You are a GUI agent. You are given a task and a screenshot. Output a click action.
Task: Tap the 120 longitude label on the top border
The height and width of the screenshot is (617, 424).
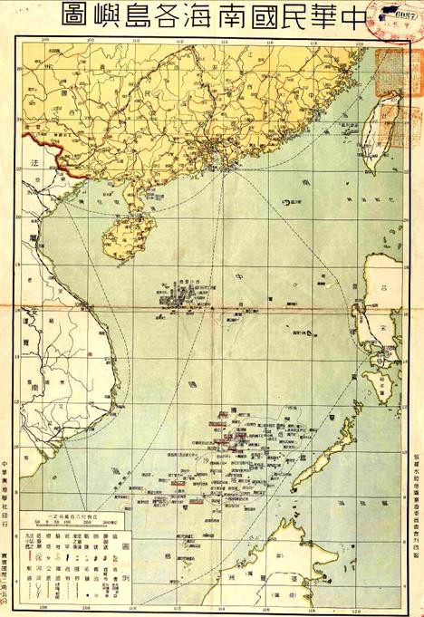pos(360,41)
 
